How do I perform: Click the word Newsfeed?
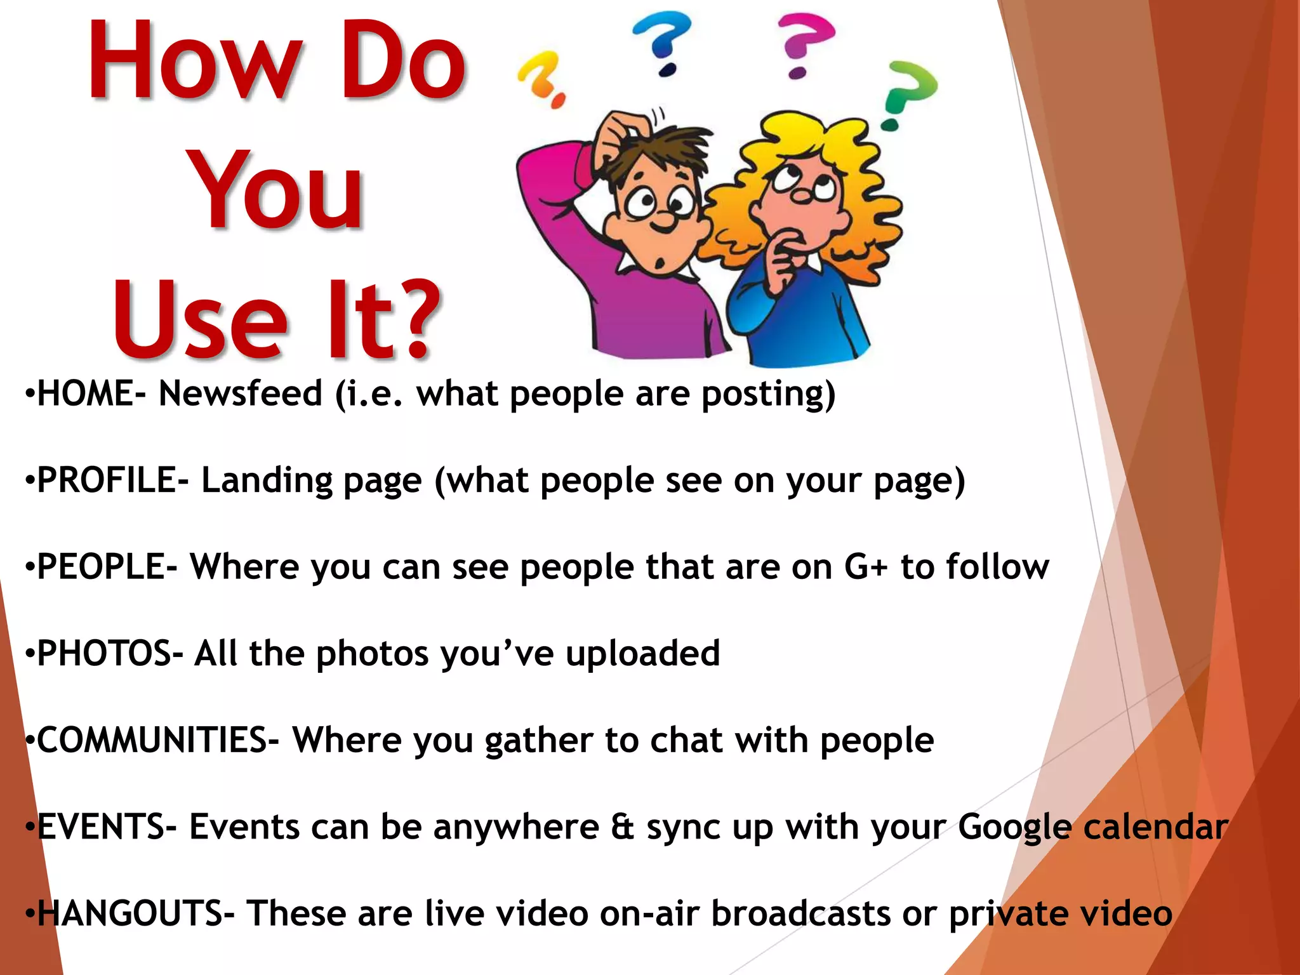241,394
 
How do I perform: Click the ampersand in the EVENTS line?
623,827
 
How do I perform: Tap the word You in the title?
277,190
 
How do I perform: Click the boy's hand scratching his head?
613,133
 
